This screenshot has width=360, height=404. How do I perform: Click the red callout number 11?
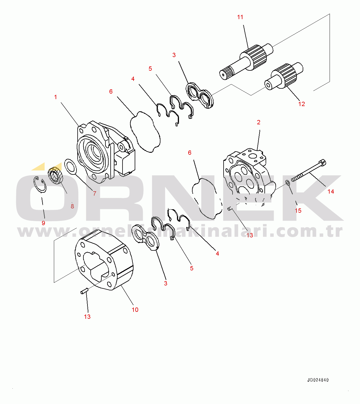pos(240,17)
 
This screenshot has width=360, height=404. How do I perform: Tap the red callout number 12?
pos(301,104)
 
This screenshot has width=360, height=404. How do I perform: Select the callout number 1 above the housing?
pos(56,97)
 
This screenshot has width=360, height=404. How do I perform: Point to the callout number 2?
pos(259,122)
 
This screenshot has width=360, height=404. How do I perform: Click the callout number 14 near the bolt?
pos(331,192)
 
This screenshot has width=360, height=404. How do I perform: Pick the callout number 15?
pos(298,211)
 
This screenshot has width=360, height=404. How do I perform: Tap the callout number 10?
pos(135,310)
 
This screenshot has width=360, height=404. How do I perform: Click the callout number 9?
pos(43,223)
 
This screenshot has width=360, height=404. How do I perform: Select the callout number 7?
pos(95,193)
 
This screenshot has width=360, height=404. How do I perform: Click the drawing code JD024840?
pos(318,380)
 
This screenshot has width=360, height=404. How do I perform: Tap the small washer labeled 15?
pos(288,182)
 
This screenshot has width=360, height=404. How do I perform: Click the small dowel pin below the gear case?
pos(84,291)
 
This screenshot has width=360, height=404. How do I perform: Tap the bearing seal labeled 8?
pos(56,175)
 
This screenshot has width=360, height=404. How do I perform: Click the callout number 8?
pos(72,206)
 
